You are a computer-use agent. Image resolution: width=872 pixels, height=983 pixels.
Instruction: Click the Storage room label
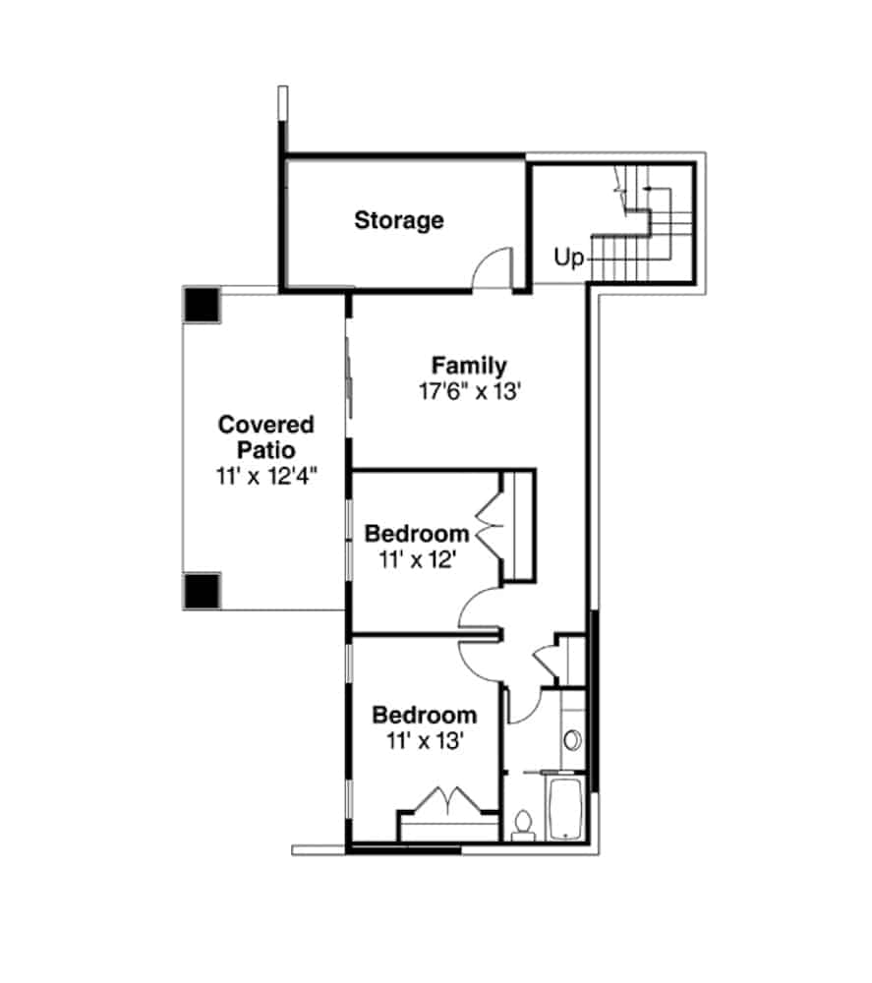click(x=398, y=220)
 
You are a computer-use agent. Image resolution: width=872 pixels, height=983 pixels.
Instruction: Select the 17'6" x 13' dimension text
click(x=468, y=390)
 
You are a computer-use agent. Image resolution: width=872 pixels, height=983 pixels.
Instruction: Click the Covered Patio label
click(x=265, y=437)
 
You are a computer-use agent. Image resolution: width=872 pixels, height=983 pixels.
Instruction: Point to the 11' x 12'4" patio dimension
click(x=266, y=476)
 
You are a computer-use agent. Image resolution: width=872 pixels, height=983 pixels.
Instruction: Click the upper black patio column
click(x=201, y=305)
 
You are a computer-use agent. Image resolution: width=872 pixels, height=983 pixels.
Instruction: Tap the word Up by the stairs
click(x=568, y=258)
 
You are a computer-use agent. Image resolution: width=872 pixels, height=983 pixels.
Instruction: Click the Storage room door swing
click(x=493, y=268)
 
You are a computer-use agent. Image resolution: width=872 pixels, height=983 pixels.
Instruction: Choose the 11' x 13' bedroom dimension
click(x=424, y=740)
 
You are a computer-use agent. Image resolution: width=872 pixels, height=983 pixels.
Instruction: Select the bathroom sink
click(x=571, y=740)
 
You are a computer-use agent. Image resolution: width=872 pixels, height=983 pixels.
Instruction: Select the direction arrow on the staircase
click(x=648, y=188)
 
